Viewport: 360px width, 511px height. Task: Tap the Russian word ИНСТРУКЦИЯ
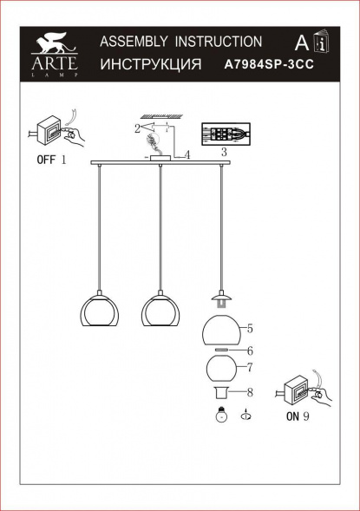coord(151,65)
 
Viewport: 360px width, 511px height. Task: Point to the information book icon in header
coord(322,43)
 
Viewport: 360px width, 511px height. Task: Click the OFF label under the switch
coord(46,161)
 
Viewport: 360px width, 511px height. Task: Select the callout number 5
coord(249,329)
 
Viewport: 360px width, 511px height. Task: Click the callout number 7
coord(249,367)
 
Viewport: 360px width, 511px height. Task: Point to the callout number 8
coord(249,391)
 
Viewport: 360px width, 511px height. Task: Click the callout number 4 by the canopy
coord(186,155)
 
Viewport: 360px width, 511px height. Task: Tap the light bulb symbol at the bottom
coord(221,416)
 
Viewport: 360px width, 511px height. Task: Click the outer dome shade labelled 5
coord(221,331)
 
